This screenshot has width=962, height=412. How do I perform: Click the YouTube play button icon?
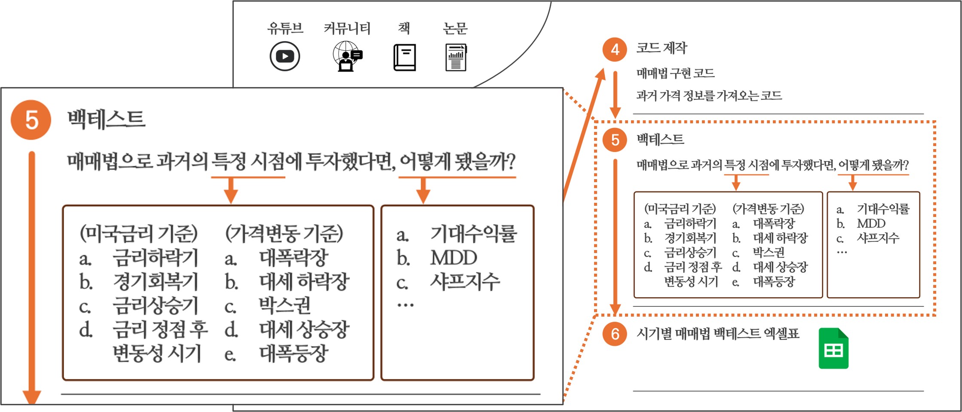pos(285,56)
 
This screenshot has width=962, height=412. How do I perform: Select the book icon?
pos(404,57)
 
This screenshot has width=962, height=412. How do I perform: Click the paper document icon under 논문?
pos(456,57)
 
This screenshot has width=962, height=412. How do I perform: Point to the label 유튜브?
pos(285,28)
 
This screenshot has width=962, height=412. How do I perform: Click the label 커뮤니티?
pos(347,28)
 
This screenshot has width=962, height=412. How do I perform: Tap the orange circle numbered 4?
pos(615,49)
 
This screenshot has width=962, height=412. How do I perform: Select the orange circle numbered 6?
pos(615,333)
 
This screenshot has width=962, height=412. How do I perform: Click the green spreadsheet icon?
pos(833,348)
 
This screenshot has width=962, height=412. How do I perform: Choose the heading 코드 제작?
pos(662,48)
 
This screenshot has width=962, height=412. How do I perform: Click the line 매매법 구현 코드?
pos(675,73)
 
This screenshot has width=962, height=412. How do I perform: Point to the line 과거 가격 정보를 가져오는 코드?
pos(709,95)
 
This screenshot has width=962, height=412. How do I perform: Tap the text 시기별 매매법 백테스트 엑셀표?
pos(718,333)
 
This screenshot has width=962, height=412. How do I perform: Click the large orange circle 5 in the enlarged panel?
pos(31,120)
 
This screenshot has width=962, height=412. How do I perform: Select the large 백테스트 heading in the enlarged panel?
pos(106,119)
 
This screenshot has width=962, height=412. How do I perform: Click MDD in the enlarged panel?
pos(453,258)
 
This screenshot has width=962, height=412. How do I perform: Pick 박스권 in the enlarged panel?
pos(285,305)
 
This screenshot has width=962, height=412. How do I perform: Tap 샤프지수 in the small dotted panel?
pos(878,238)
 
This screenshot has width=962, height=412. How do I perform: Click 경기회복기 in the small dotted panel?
pos(690,238)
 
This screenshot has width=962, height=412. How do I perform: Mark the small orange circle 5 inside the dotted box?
pos(615,140)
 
